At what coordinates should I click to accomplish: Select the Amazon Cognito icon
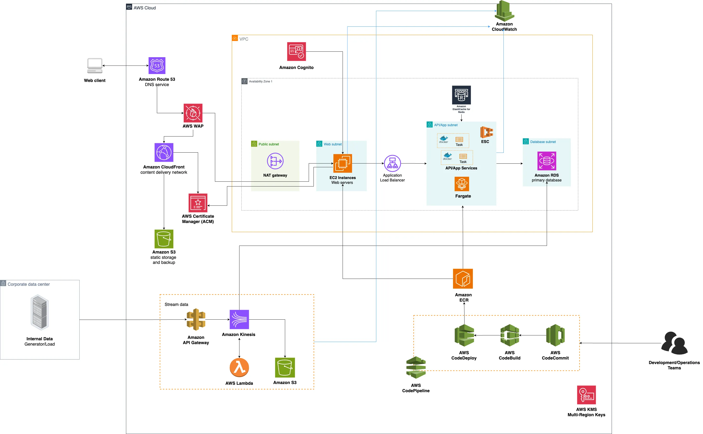(296, 52)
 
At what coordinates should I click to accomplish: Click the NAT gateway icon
(275, 161)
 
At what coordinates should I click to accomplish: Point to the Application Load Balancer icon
(392, 163)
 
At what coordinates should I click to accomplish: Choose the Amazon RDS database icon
(546, 161)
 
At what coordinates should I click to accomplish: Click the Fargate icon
(462, 184)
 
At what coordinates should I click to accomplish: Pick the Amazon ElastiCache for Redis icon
(461, 95)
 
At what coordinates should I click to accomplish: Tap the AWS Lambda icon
(239, 367)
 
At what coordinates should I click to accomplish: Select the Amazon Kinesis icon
(239, 319)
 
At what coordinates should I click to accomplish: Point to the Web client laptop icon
(95, 66)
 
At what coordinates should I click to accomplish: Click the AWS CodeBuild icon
(509, 335)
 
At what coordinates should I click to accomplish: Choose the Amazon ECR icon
(463, 279)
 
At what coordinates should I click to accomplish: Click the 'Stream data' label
(176, 304)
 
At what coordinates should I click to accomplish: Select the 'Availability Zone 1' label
(260, 81)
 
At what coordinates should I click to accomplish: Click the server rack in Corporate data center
(40, 312)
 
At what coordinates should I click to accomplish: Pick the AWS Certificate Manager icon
(198, 203)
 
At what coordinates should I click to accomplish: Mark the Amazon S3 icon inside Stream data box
(285, 367)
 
